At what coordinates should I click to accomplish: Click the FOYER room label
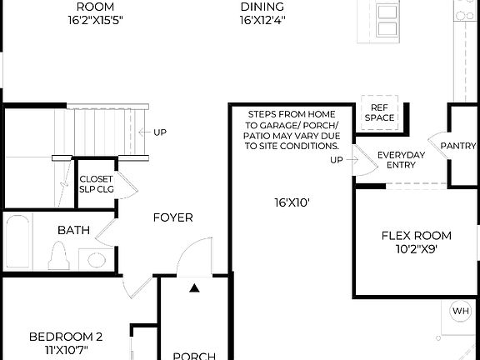[172, 218]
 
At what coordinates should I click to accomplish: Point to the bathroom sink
[97, 259]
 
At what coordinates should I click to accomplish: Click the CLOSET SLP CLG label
[95, 182]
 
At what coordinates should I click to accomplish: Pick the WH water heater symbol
[460, 311]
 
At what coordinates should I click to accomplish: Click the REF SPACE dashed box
[379, 112]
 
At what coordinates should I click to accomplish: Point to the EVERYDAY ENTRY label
[401, 160]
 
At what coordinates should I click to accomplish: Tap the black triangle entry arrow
[195, 289]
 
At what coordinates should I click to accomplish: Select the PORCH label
[193, 356]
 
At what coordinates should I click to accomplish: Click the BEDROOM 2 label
[66, 337]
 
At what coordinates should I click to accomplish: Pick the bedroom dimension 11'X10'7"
[66, 349]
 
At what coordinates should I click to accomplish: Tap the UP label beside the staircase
[160, 132]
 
